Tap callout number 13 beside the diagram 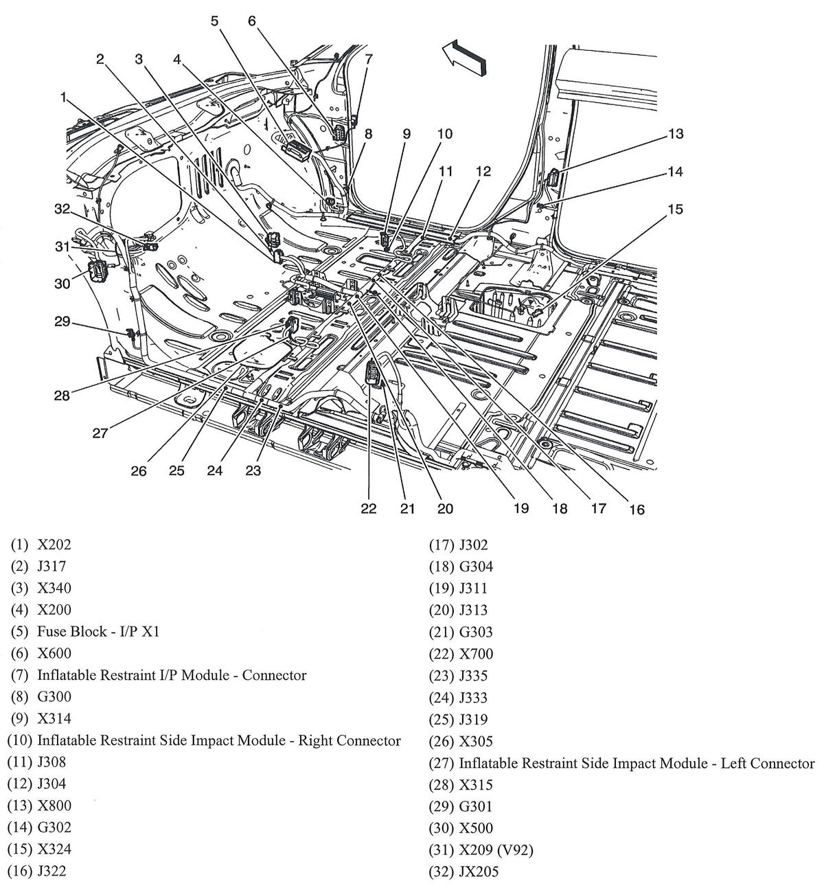tap(676, 134)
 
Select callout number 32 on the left tap(62, 209)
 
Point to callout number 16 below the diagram tap(637, 510)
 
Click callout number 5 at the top tap(215, 21)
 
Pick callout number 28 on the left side tap(62, 395)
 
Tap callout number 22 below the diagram tap(369, 508)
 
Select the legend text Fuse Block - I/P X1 tap(98, 631)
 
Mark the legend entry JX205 tap(479, 872)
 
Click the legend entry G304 tap(475, 567)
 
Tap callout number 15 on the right tap(676, 209)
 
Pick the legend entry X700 tap(476, 654)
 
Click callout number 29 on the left tap(62, 321)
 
